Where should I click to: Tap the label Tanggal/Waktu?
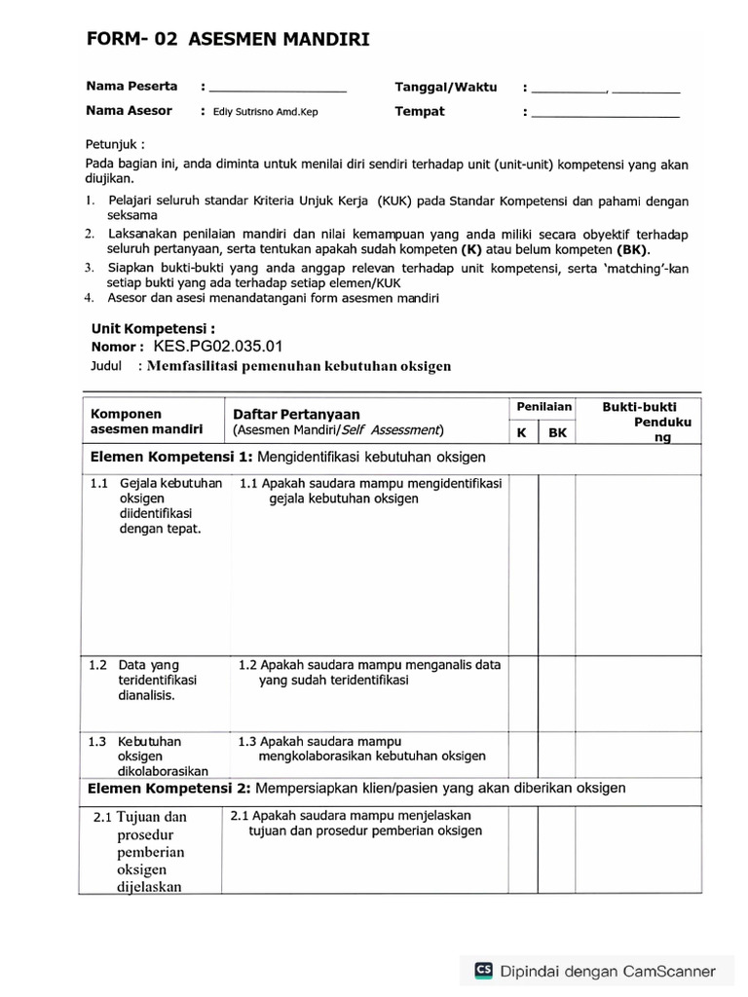click(x=445, y=87)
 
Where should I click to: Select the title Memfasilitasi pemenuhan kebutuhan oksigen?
click(x=299, y=366)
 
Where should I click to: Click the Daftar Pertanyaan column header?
click(x=296, y=414)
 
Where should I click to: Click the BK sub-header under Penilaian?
click(x=557, y=431)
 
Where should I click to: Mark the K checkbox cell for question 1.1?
click(x=523, y=563)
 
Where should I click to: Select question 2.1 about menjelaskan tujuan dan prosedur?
click(x=356, y=824)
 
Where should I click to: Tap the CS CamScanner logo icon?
click(x=483, y=970)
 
